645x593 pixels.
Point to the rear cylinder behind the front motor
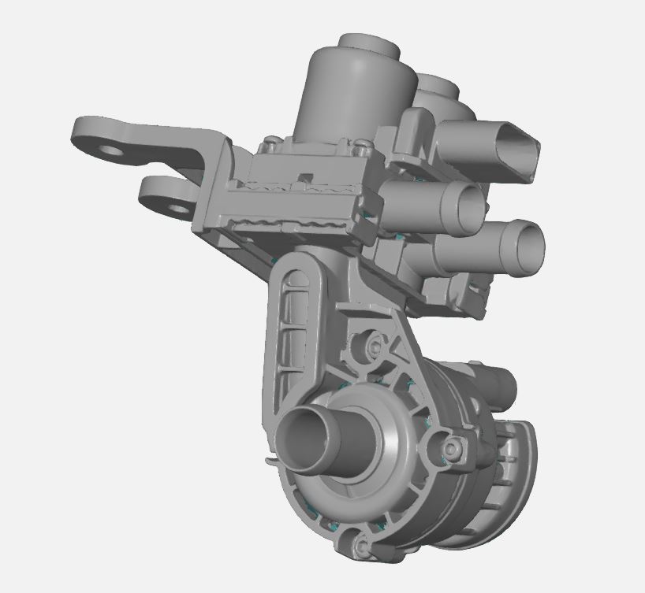pyautogui.click(x=436, y=91)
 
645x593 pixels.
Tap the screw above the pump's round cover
pyautogui.click(x=371, y=344)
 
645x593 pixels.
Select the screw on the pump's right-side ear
pyautogui.click(x=450, y=449)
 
